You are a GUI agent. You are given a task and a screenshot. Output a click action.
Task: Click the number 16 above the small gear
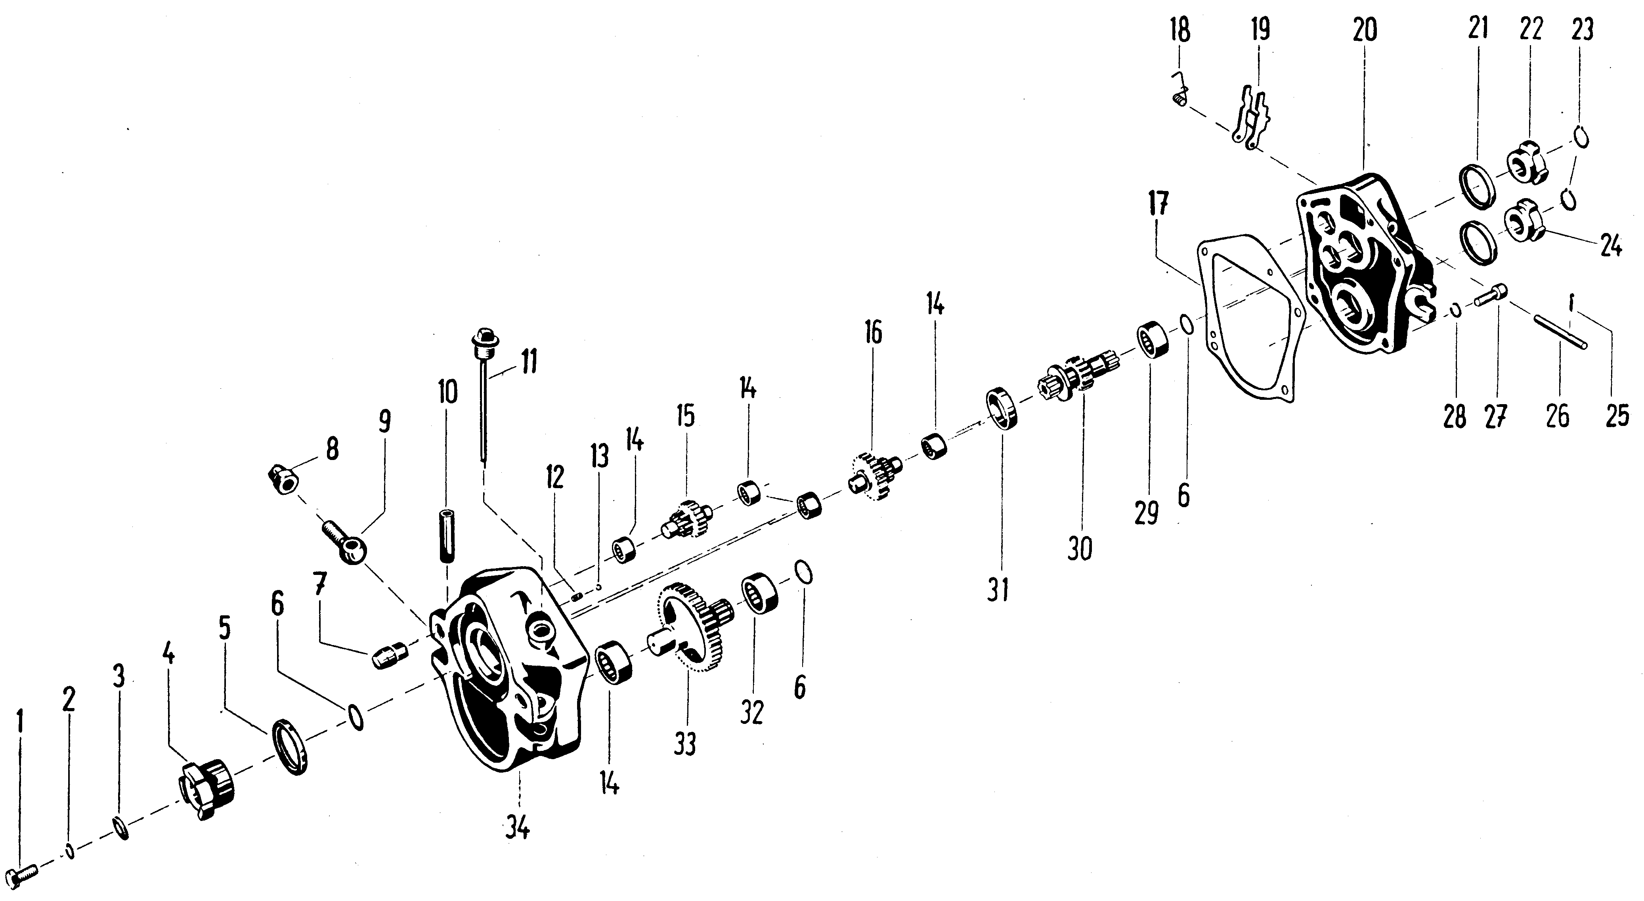[x=873, y=333]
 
